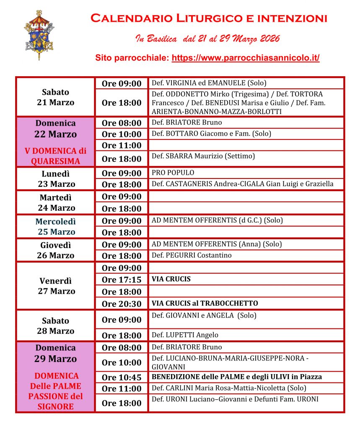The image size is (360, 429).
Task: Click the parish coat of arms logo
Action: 39,35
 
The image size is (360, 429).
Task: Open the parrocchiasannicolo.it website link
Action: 246,58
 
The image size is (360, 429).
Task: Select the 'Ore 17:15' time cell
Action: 122,279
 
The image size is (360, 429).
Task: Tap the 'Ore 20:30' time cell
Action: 122,303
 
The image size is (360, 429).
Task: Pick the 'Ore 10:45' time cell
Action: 122,377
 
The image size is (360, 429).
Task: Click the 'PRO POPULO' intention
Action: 173,173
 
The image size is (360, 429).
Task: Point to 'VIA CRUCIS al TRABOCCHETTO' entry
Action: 205,303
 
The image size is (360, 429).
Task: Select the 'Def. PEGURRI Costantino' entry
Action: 192,255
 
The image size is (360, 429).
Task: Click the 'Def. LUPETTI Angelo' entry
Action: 185,335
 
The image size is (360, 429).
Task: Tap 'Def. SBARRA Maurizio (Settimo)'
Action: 203,156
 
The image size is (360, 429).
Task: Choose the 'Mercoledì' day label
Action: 56,221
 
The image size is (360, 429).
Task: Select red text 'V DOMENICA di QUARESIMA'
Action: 56,156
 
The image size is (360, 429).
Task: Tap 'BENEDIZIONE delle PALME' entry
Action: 237,377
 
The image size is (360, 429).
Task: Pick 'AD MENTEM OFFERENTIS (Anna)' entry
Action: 217,244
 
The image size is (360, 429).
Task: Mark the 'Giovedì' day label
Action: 56,245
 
